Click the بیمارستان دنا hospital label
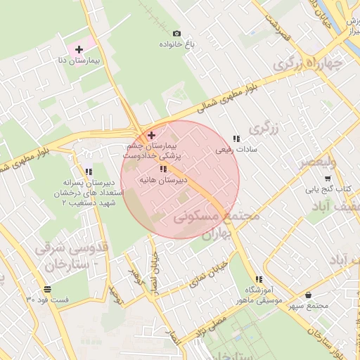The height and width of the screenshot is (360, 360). tap(82, 62)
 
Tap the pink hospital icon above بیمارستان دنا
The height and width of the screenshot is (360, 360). tap(79, 50)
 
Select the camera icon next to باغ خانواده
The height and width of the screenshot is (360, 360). tap(176, 33)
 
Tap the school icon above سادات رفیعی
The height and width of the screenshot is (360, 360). tap(236, 139)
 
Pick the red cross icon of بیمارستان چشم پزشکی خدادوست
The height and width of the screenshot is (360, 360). tap(151, 134)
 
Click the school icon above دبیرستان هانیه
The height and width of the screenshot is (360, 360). tap(164, 169)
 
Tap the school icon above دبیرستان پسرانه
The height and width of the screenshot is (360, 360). tap(89, 172)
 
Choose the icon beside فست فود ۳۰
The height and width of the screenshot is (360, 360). tap(46, 288)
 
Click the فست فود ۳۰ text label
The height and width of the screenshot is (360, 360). tap(47, 300)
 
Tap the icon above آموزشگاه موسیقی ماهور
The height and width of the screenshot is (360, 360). tap(259, 279)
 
